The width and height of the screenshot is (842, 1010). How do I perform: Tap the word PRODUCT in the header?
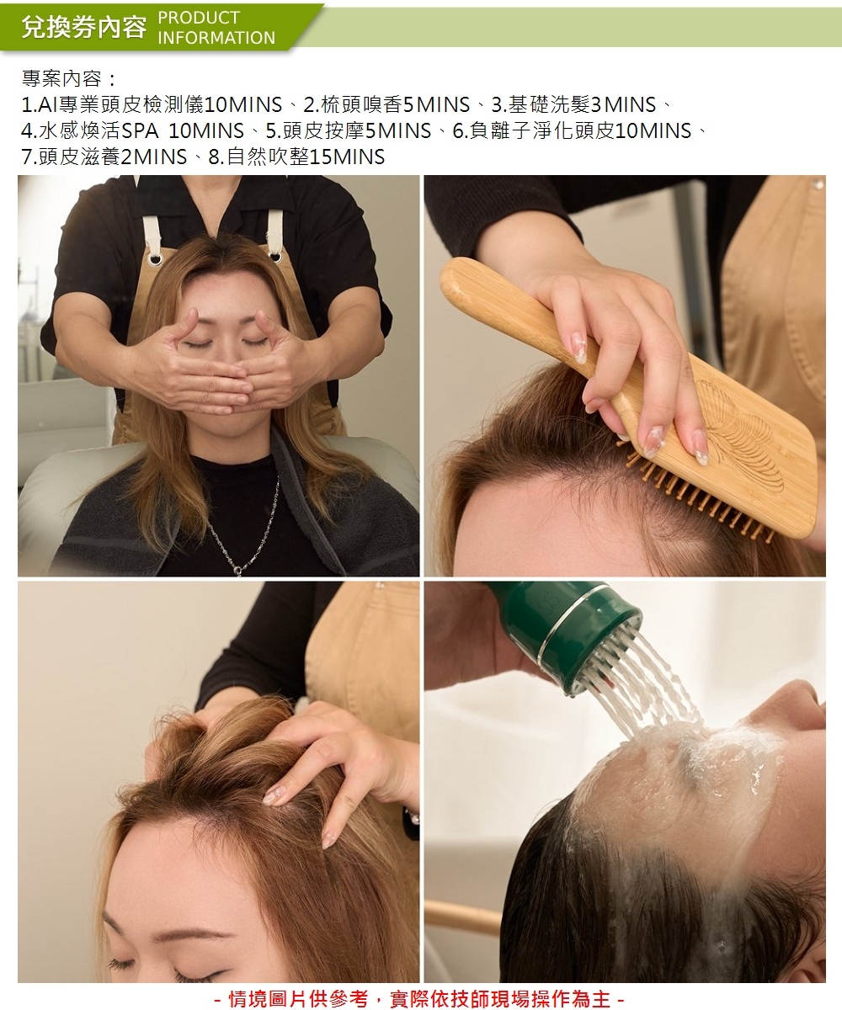[x=199, y=18]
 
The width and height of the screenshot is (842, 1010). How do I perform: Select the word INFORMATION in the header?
[x=216, y=38]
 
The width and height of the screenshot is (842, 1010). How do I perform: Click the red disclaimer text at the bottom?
[x=421, y=999]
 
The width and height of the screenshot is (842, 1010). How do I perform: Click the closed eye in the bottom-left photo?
[x=126, y=965]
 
